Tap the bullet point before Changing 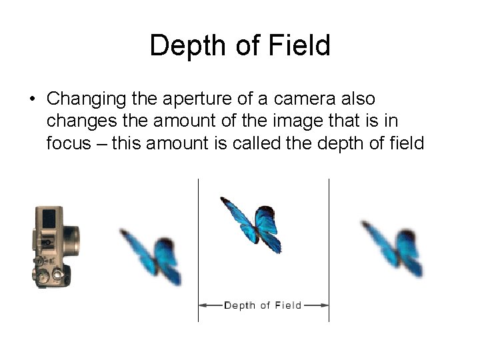(31, 100)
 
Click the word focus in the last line (68, 143)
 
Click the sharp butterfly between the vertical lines (252, 224)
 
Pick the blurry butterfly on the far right (393, 247)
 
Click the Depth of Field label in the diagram (263, 305)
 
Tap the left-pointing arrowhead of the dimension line (203, 305)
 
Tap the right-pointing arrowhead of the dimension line (325, 305)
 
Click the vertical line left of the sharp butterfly (198, 247)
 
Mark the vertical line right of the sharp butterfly (329, 247)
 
